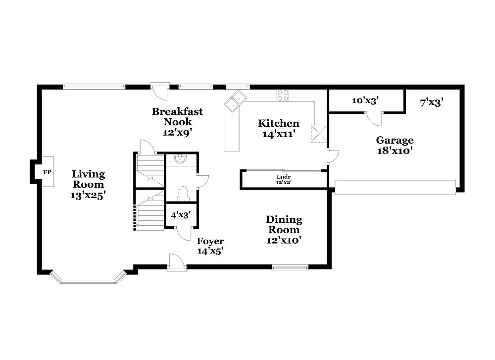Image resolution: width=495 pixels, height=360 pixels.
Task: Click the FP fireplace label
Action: coord(47,172)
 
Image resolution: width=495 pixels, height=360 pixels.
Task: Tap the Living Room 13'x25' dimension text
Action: coord(88,195)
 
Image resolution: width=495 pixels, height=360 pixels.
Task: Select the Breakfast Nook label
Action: coord(177,116)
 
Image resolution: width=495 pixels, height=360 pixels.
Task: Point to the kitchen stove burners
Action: coord(283,95)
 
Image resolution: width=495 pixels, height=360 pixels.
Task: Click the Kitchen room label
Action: coord(279,123)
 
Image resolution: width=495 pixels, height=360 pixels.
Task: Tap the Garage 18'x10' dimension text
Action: coord(395,151)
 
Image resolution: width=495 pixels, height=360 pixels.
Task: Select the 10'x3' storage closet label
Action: coord(365,101)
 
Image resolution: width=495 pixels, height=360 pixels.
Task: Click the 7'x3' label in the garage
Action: coord(431,103)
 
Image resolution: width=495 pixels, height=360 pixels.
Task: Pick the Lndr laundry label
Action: coord(284,176)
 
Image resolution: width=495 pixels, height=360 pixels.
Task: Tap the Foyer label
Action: coord(210,241)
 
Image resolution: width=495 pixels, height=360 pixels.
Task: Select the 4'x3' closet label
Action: coord(181,215)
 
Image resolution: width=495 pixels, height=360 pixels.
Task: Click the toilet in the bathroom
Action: coord(182,193)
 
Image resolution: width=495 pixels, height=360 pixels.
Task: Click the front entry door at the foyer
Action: coord(176,262)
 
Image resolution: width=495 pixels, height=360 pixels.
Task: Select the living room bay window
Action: coord(88,278)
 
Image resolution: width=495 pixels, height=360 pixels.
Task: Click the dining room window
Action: coord(290,267)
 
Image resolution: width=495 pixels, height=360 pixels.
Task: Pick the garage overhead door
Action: coord(396,187)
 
